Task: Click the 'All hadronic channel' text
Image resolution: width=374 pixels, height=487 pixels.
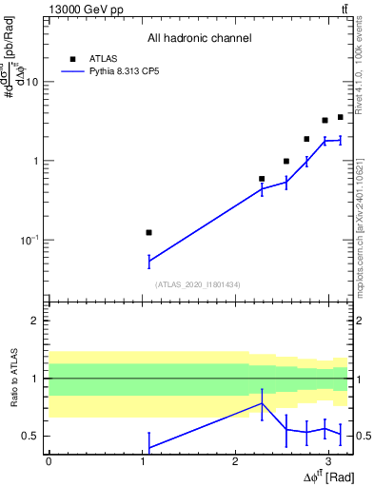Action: pos(199,38)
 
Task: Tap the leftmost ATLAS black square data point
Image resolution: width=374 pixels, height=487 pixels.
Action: pos(148,232)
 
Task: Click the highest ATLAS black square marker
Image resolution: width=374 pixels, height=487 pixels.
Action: pos(340,117)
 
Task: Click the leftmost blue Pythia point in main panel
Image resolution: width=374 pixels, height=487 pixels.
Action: pos(148,261)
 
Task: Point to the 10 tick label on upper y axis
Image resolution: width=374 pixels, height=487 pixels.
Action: pos(31,82)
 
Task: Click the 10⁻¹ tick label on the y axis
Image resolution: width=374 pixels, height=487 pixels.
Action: pos(28,240)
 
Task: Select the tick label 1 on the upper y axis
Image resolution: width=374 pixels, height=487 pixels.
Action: pos(35,161)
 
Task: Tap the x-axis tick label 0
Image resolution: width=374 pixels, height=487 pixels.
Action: pos(49,460)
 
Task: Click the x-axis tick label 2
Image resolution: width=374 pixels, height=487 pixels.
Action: pos(234,460)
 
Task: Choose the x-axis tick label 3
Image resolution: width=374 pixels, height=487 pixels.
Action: pos(327,460)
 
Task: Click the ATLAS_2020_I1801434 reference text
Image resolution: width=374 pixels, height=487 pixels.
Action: pos(198,284)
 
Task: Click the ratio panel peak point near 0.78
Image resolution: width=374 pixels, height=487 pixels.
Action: pos(262,403)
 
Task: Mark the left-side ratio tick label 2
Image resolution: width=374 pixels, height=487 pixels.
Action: pos(35,321)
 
